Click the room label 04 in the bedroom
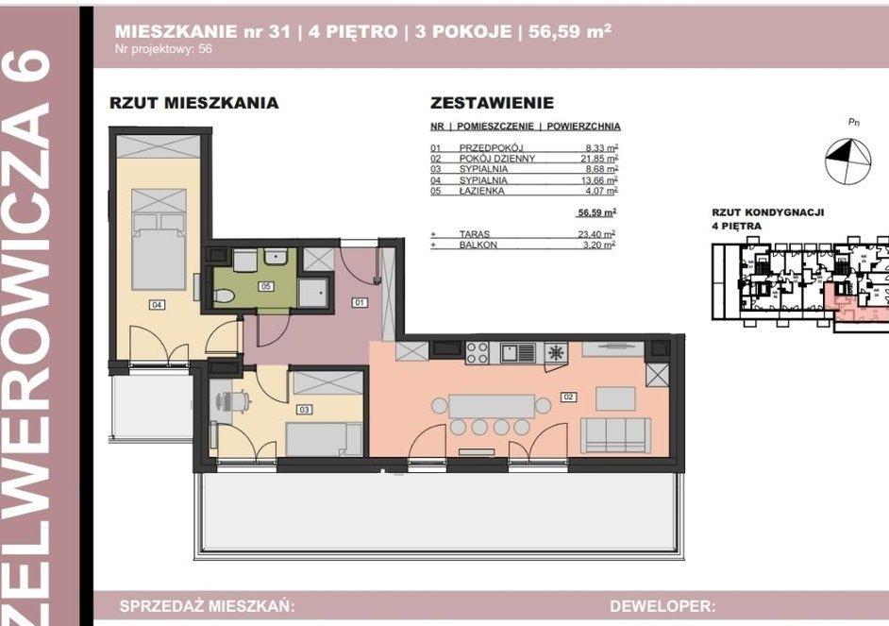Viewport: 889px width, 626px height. (157, 304)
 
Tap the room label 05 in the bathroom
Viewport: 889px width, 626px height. (266, 284)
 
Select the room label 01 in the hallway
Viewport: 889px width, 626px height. (360, 303)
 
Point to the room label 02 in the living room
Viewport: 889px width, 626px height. (568, 398)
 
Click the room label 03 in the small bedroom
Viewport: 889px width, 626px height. (304, 410)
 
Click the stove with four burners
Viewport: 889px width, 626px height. (478, 352)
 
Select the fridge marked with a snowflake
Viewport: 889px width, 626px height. (557, 353)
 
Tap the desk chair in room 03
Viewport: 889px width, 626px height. (239, 402)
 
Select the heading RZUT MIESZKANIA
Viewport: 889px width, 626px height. (194, 103)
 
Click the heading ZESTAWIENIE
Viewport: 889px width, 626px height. (492, 103)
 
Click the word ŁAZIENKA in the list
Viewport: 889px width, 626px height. (482, 190)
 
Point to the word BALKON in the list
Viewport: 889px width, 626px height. (478, 245)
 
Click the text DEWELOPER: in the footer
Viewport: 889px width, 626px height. (663, 606)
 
